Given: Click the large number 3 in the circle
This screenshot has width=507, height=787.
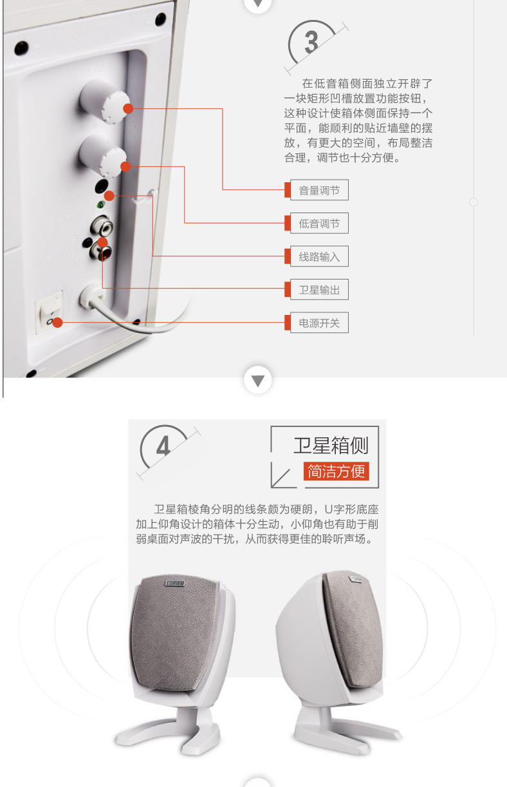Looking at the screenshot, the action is point(311,43).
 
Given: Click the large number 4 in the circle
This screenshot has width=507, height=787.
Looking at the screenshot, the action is point(163,446).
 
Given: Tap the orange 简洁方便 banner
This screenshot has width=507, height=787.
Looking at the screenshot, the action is point(336,471).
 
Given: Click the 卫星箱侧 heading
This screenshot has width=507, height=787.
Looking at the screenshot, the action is point(331,446).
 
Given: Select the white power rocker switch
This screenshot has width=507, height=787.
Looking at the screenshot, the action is point(49,311).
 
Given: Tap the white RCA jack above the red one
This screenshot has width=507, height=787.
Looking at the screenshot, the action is point(102,226).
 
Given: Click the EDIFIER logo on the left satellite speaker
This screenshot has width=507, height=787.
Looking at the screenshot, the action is point(175,583).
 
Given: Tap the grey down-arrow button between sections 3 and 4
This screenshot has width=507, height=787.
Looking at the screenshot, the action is point(258,381).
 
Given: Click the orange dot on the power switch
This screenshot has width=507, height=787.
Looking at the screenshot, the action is point(57,323).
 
